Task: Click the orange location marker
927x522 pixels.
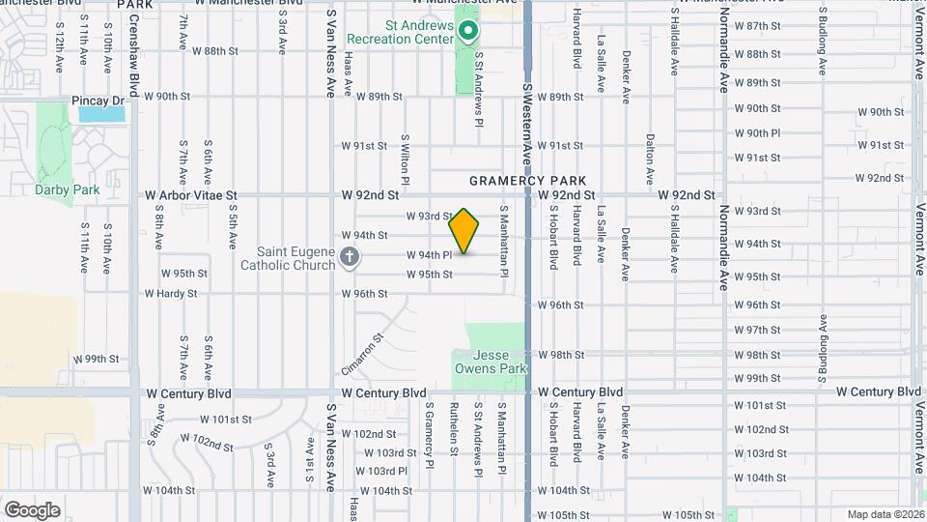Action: click(464, 231)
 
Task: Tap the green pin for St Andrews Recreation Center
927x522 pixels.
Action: click(468, 32)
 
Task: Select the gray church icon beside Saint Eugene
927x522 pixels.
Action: click(350, 257)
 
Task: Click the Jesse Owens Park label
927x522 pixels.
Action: click(492, 362)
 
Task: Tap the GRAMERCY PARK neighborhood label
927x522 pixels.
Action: click(528, 181)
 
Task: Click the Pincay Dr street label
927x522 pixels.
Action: click(98, 101)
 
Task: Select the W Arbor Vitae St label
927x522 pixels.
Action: click(191, 195)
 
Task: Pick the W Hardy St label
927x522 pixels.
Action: click(171, 294)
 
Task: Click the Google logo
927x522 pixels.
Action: click(32, 509)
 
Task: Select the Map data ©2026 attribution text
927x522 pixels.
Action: click(885, 514)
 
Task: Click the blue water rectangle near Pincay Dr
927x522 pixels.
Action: click(102, 114)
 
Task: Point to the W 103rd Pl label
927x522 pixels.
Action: click(381, 472)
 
